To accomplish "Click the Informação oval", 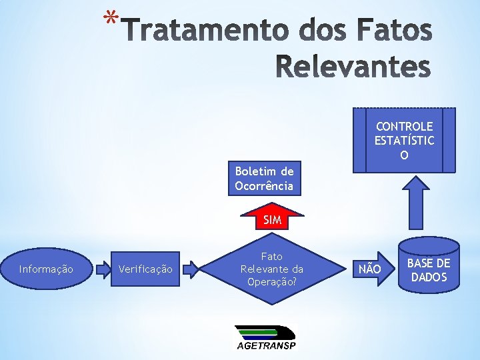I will (x=46, y=269).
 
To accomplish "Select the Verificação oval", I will (x=145, y=269).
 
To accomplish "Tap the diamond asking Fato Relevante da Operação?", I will (x=272, y=269).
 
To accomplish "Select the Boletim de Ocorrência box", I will (x=264, y=179).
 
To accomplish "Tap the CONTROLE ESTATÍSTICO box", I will (x=404, y=141).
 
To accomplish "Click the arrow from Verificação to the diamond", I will (x=191, y=269).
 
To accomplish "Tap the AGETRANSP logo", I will (x=265, y=338).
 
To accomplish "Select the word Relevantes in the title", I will (x=353, y=67).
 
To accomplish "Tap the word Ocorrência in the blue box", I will (x=264, y=186).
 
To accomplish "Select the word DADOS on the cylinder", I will (x=429, y=277).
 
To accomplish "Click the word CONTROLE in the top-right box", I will (x=404, y=126).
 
